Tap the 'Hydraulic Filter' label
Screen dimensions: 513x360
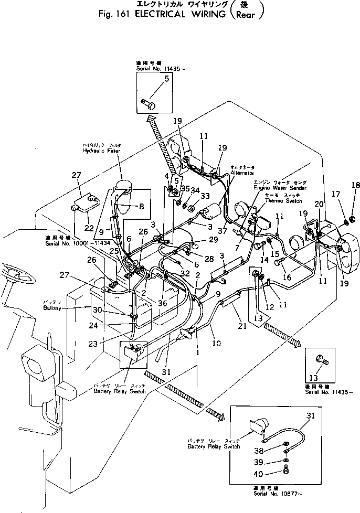(102, 151)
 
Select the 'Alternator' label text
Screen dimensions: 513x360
(242, 173)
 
